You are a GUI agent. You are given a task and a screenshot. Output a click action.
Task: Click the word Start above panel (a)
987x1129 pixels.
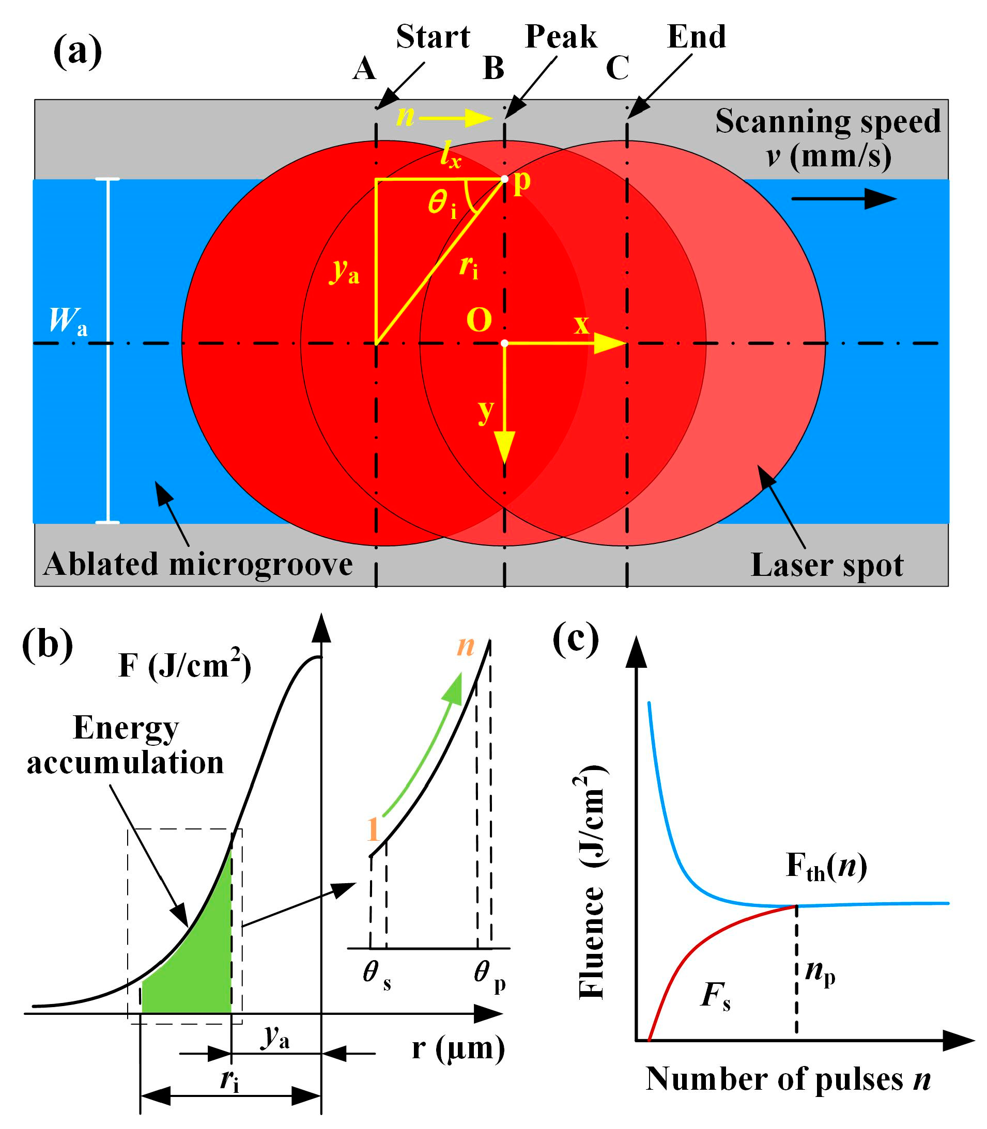point(433,37)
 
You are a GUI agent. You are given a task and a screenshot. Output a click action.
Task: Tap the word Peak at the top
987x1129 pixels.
point(561,37)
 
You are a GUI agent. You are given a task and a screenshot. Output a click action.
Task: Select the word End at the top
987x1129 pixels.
point(696,37)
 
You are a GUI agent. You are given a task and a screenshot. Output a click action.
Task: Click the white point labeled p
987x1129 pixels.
point(504,179)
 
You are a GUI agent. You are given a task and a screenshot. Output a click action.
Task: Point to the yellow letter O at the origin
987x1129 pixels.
point(479,320)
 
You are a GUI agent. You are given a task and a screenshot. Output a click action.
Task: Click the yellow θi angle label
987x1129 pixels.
point(442,204)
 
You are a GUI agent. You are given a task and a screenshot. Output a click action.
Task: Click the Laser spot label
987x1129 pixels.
point(827,566)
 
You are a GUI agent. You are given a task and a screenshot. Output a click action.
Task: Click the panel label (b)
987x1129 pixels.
point(48,644)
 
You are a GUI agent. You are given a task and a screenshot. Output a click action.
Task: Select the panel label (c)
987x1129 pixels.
point(576,638)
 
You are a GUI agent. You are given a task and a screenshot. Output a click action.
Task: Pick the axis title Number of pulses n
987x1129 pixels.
point(788,1078)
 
